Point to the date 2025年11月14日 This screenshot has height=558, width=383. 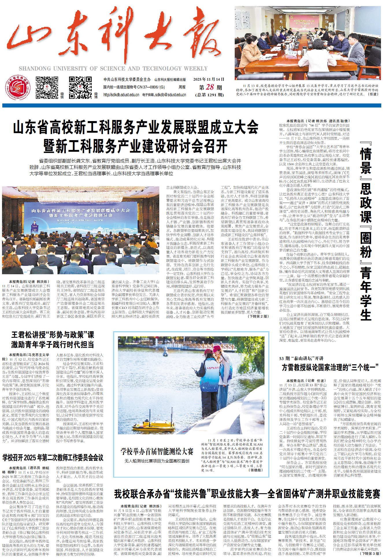(209, 79)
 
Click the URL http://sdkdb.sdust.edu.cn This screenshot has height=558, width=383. (121, 95)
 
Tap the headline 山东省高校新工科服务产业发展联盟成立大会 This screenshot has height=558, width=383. (136, 127)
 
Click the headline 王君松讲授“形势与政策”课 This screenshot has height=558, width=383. (52, 335)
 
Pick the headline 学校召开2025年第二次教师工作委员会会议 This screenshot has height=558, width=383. (53, 458)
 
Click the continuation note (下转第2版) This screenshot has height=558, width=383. (258, 316)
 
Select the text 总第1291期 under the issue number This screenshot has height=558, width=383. (210, 95)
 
